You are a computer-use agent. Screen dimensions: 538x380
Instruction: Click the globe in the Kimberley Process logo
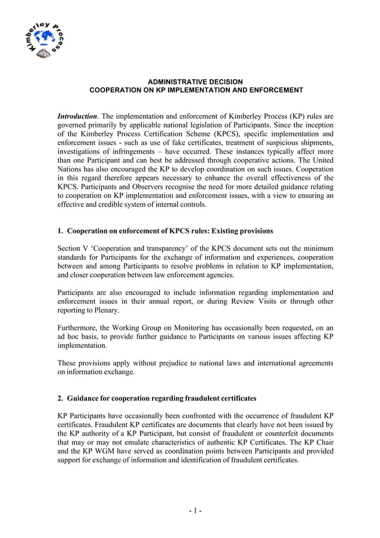click(x=44, y=39)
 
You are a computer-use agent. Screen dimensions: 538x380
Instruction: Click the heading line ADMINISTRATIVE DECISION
click(x=195, y=82)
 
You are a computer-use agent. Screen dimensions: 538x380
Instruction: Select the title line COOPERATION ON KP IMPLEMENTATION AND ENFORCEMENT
click(x=196, y=90)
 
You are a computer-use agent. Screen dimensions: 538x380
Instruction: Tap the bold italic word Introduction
click(x=77, y=116)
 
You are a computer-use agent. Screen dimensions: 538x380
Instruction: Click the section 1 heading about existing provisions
click(x=165, y=231)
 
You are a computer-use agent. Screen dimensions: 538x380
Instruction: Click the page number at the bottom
click(x=195, y=511)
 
